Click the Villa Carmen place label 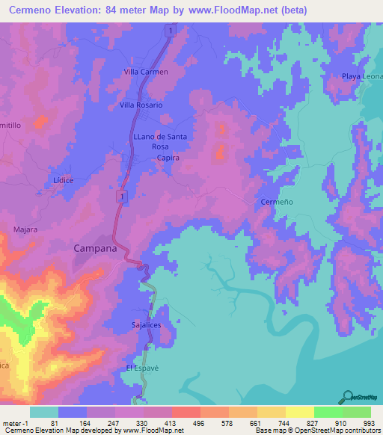tap(146, 72)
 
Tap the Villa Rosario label tap(141, 105)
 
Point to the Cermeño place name tap(275, 203)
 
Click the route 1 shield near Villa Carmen tap(171, 30)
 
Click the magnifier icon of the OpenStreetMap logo tap(347, 396)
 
